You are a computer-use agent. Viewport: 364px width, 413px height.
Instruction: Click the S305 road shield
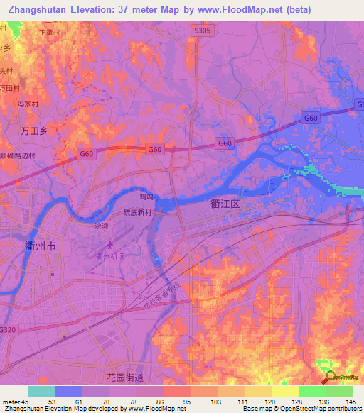coord(203,31)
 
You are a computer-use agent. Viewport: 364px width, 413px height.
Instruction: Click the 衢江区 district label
coord(226,203)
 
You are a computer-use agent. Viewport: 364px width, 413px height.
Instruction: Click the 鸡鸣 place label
coord(146,198)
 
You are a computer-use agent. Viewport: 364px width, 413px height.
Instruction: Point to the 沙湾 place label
coord(102,225)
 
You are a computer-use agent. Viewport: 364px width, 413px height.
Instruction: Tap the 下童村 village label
coord(48,32)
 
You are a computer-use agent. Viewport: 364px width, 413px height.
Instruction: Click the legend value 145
coord(351,401)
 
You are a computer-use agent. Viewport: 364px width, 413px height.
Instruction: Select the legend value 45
coord(25,401)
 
